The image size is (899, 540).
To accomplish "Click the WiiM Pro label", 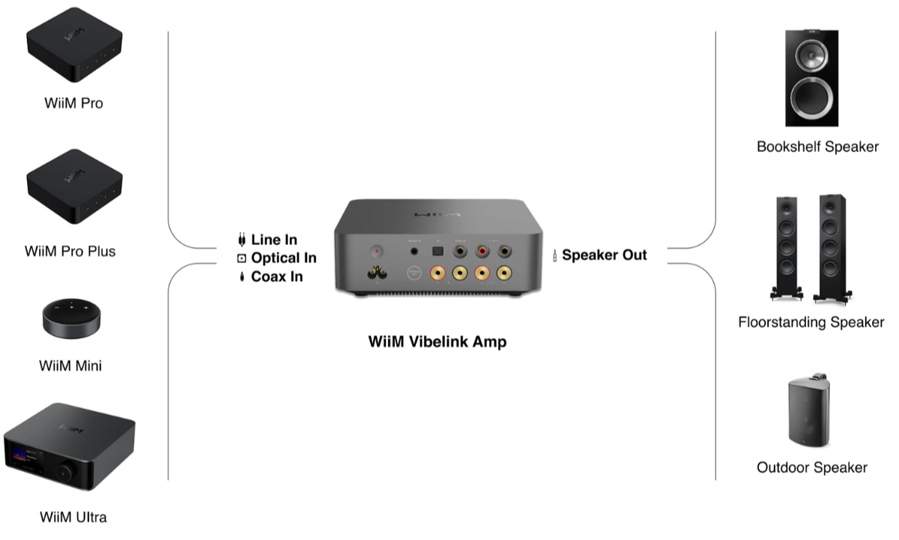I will click(73, 104).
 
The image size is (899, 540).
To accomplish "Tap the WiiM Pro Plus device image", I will click(73, 185).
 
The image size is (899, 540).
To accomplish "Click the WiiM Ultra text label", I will click(73, 518).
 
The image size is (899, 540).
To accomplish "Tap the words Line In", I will click(274, 240).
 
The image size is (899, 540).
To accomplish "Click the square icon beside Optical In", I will click(241, 258).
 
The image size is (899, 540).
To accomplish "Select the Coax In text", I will click(276, 277).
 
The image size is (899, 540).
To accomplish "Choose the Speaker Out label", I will click(604, 255).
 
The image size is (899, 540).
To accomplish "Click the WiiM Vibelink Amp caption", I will click(438, 342).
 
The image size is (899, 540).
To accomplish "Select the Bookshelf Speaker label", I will click(817, 147).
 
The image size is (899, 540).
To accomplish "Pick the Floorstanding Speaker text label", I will click(811, 323).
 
